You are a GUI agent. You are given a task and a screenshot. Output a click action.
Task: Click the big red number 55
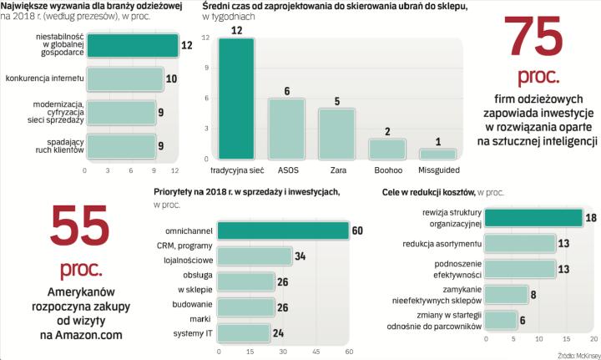point(80,228)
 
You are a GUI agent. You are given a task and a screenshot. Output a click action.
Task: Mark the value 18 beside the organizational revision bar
point(590,217)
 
